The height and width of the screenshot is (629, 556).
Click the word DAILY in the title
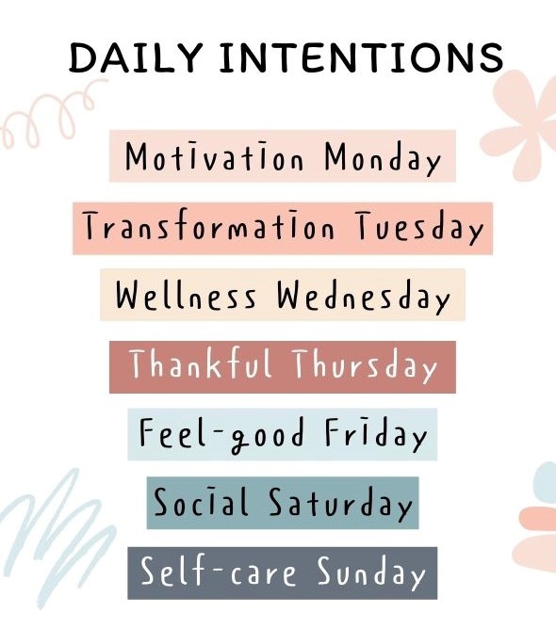coord(136,57)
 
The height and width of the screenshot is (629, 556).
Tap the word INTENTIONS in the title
coord(362,57)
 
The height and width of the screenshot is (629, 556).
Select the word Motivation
coord(214,156)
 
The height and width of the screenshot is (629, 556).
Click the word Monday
coord(383,158)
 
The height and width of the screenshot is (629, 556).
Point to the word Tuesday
coord(419,227)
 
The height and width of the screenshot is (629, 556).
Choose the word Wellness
coord(186,295)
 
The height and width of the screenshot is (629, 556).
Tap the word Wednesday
coord(364,297)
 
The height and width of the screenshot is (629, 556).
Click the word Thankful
coord(201,363)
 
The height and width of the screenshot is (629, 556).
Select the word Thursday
coord(365,365)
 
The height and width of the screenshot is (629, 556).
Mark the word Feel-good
coord(222,435)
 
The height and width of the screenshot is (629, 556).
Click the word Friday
coord(376,434)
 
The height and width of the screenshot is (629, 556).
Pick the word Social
coord(201,501)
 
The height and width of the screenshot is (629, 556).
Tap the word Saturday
coord(340,504)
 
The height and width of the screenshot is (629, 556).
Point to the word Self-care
coord(219,571)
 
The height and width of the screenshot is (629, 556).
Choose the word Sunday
coord(371,573)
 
